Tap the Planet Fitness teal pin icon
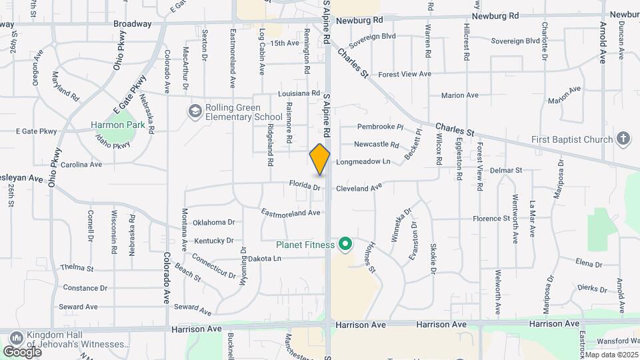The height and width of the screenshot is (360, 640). click(345, 245)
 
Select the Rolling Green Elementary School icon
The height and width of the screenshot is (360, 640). click(195, 111)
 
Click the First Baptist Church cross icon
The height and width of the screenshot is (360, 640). click(623, 139)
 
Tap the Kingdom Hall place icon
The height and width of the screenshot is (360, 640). click(15, 337)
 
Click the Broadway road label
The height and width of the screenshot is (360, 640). click(133, 24)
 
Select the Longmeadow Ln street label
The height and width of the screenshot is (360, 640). click(363, 161)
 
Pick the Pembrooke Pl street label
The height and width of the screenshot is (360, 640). click(381, 127)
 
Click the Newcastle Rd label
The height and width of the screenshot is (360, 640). click(376, 144)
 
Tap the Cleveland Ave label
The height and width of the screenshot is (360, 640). click(359, 189)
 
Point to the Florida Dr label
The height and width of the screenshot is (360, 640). click(305, 185)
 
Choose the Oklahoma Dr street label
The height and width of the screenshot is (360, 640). click(214, 222)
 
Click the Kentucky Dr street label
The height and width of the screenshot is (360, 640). click(214, 240)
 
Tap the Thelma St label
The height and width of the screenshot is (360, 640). click(77, 268)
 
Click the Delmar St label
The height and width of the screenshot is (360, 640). click(506, 171)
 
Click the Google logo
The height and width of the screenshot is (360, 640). click(22, 351)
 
